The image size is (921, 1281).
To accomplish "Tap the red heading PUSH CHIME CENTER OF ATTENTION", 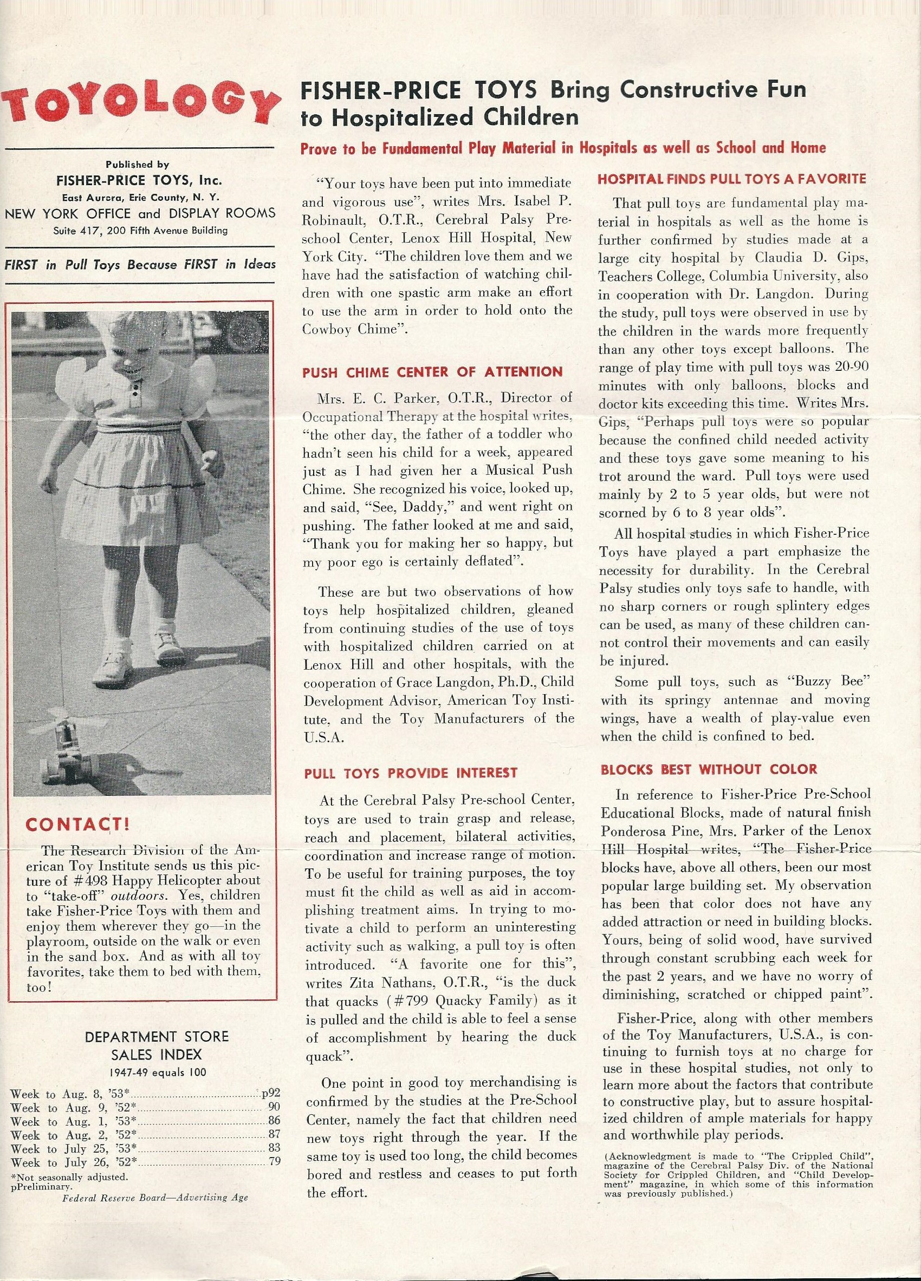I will click(432, 371).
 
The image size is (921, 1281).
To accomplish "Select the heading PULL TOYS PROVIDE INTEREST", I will click(410, 773).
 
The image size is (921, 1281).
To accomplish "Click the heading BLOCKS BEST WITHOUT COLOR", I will click(709, 769).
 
